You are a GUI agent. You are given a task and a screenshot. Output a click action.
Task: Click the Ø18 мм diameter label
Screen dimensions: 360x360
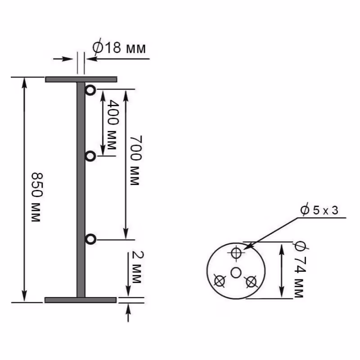[119, 48]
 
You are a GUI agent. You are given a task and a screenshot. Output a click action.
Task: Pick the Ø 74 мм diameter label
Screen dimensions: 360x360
[298, 269]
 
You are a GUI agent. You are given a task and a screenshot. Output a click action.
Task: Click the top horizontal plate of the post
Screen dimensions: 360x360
[81, 80]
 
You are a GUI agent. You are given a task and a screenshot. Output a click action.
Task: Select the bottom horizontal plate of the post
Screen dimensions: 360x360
[81, 300]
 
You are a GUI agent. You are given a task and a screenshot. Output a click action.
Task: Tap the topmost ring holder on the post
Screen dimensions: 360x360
[90, 90]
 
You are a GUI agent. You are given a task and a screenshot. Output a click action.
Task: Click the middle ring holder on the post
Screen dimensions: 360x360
[90, 157]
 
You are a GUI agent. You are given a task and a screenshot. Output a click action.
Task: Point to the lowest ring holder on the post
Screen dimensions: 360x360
[90, 239]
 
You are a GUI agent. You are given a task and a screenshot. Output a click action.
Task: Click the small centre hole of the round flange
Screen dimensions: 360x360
[236, 272]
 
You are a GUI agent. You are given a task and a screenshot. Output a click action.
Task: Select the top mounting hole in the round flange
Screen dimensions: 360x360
[235, 253]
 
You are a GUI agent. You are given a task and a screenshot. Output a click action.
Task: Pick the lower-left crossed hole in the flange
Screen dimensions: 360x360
[220, 281]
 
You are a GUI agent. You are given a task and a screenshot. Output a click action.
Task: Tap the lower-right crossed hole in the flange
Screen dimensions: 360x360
[251, 282]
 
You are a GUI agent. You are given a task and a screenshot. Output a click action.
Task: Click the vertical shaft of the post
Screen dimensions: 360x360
[81, 189]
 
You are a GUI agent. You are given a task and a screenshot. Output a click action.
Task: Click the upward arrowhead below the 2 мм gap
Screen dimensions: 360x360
[129, 307]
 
